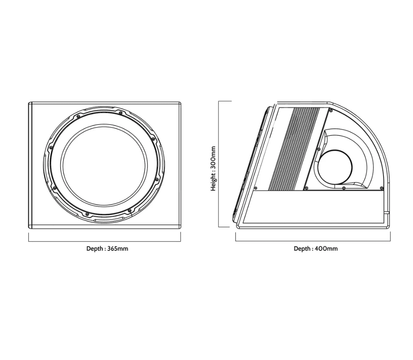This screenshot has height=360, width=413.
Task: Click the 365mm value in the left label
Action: [x=118, y=248]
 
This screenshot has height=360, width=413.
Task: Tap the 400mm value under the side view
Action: [x=327, y=248]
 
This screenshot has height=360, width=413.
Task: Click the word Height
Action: [x=213, y=182]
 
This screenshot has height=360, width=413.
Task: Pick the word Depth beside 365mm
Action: [x=95, y=248]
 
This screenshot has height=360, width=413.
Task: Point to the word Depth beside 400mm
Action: [x=302, y=248]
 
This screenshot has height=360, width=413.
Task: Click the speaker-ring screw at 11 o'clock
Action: [x=78, y=116]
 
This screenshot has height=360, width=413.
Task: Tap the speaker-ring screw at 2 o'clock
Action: [x=153, y=139]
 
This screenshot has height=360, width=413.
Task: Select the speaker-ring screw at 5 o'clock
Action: [x=129, y=211]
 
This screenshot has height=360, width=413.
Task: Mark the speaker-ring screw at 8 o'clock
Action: [x=55, y=188]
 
